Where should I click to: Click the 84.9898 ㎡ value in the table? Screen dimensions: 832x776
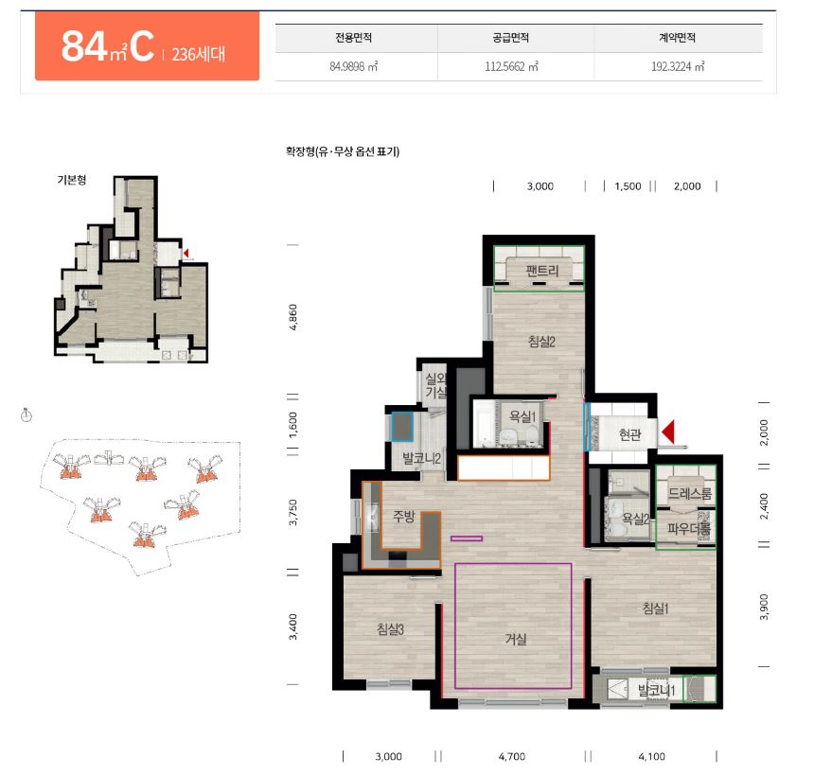click(x=353, y=67)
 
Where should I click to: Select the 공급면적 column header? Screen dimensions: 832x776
click(x=510, y=38)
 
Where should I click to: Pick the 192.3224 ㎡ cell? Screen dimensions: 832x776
click(x=678, y=67)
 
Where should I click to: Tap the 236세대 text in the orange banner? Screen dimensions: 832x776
click(x=199, y=54)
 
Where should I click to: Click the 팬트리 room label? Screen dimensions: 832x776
click(x=541, y=271)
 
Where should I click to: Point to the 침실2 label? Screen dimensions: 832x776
click(x=541, y=342)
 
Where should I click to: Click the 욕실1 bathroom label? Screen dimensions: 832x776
click(x=522, y=416)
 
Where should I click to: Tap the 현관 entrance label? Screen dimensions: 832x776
click(x=629, y=435)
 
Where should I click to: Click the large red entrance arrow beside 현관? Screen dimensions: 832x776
click(x=668, y=432)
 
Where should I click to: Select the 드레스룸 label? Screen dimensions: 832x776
click(x=689, y=493)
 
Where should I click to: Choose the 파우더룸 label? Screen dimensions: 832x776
click(x=689, y=528)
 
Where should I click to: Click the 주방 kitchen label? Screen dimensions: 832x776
click(x=404, y=516)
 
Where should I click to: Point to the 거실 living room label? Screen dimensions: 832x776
click(x=516, y=639)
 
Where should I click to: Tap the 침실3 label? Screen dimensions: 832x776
click(x=391, y=629)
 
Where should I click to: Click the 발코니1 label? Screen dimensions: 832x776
click(x=656, y=691)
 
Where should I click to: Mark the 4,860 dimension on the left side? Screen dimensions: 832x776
click(x=292, y=317)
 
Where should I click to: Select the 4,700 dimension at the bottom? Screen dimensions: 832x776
click(x=512, y=757)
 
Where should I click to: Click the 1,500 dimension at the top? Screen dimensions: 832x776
click(x=628, y=186)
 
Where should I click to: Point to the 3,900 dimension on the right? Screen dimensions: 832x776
click(x=764, y=607)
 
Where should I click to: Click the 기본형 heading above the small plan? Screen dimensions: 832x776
click(x=72, y=180)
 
